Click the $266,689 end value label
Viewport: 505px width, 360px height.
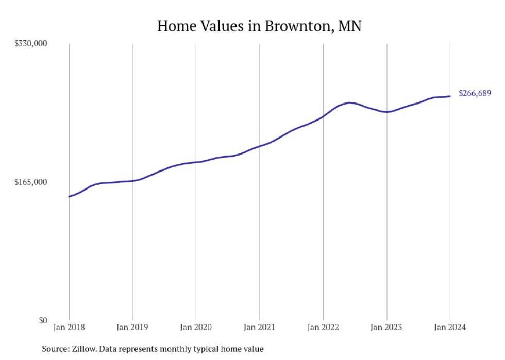click(x=475, y=94)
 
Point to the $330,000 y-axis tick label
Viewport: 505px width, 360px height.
click(x=30, y=43)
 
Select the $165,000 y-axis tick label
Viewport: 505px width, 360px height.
click(x=30, y=182)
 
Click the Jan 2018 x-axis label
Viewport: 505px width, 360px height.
click(x=69, y=328)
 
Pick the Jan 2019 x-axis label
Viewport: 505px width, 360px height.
click(x=132, y=328)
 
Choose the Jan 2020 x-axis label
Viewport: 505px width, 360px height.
click(x=196, y=328)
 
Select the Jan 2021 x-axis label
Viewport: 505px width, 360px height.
click(x=259, y=328)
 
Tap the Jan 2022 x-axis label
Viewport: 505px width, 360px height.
click(x=323, y=328)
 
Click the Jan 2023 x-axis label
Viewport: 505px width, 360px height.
click(x=386, y=328)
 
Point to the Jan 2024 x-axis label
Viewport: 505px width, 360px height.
click(x=450, y=328)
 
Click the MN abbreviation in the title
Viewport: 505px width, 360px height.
click(x=350, y=26)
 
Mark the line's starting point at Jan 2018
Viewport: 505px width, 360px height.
click(x=69, y=196)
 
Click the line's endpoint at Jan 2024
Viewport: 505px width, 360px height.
click(x=450, y=96)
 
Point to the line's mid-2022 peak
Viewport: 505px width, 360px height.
click(x=350, y=102)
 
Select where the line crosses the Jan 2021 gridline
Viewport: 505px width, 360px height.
click(x=260, y=146)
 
